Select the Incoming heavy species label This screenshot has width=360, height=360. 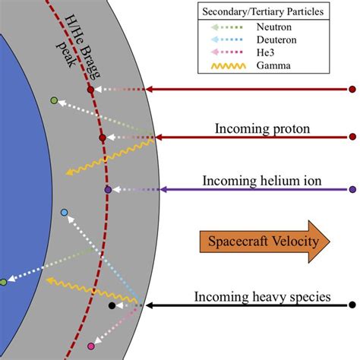(x=262, y=296)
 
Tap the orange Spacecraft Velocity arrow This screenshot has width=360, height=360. (x=266, y=242)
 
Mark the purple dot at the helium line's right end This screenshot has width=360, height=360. (x=352, y=189)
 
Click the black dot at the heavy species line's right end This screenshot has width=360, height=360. (x=352, y=306)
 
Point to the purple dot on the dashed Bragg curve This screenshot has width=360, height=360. (x=108, y=189)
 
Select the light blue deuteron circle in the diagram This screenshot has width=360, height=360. (x=65, y=213)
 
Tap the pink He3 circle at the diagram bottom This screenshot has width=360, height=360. (x=91, y=346)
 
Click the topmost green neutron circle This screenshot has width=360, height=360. (x=54, y=100)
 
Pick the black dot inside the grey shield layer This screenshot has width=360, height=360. (x=112, y=306)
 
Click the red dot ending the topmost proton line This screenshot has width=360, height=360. (x=352, y=90)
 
